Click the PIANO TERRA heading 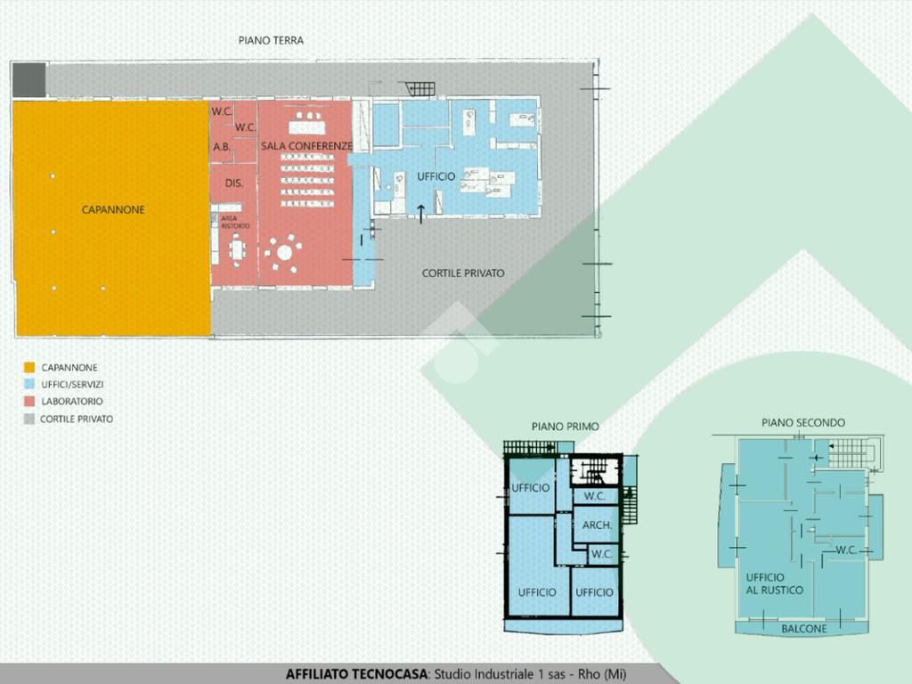click(271, 40)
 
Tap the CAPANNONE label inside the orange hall click(113, 209)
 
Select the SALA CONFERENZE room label click(306, 145)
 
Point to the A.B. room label click(222, 147)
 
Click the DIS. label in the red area click(234, 183)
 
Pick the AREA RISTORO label click(235, 222)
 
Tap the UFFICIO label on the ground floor click(436, 176)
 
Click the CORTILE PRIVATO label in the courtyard click(463, 273)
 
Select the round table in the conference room click(284, 252)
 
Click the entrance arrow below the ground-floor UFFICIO click(421, 214)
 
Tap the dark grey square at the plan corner click(29, 79)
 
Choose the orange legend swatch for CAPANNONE click(29, 368)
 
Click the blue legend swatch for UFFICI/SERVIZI click(29, 384)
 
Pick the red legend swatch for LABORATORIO click(29, 401)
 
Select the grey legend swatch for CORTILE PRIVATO click(29, 419)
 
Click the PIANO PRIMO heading click(565, 427)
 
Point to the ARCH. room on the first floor click(597, 525)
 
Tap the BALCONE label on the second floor click(804, 629)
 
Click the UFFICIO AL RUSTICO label click(774, 583)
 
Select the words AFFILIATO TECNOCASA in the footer click(356, 674)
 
